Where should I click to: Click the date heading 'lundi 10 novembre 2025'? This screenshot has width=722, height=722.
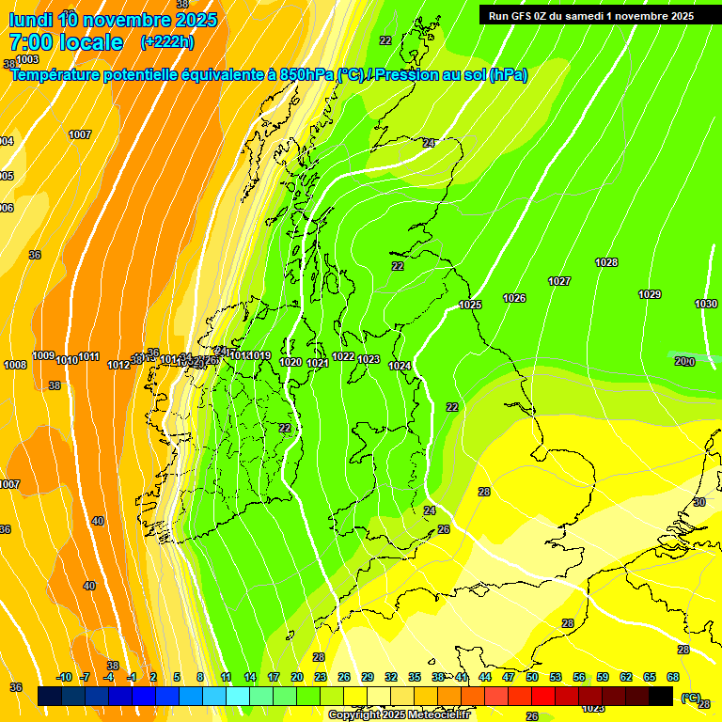(113, 20)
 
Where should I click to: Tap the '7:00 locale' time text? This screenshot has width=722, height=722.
(66, 42)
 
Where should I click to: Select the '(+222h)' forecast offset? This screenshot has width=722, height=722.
(167, 42)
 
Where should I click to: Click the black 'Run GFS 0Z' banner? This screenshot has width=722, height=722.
(590, 15)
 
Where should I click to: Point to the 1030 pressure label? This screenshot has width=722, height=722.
(706, 304)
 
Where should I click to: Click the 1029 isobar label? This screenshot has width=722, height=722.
(650, 294)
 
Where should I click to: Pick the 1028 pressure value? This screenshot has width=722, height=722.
(606, 262)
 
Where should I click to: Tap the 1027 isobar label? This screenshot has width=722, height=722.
(559, 281)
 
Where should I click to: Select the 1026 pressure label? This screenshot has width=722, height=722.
(514, 298)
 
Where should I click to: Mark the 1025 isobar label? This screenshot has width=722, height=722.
(470, 305)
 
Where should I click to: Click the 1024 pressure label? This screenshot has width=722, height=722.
(400, 366)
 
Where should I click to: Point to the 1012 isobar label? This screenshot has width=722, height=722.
(118, 365)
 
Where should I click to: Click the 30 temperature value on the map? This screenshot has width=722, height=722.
(699, 502)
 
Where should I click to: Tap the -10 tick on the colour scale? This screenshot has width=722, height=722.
(64, 677)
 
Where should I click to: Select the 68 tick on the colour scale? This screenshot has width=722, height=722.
(673, 677)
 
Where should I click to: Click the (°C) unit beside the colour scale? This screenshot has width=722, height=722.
(691, 697)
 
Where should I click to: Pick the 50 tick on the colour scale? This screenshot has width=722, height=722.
(532, 677)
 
